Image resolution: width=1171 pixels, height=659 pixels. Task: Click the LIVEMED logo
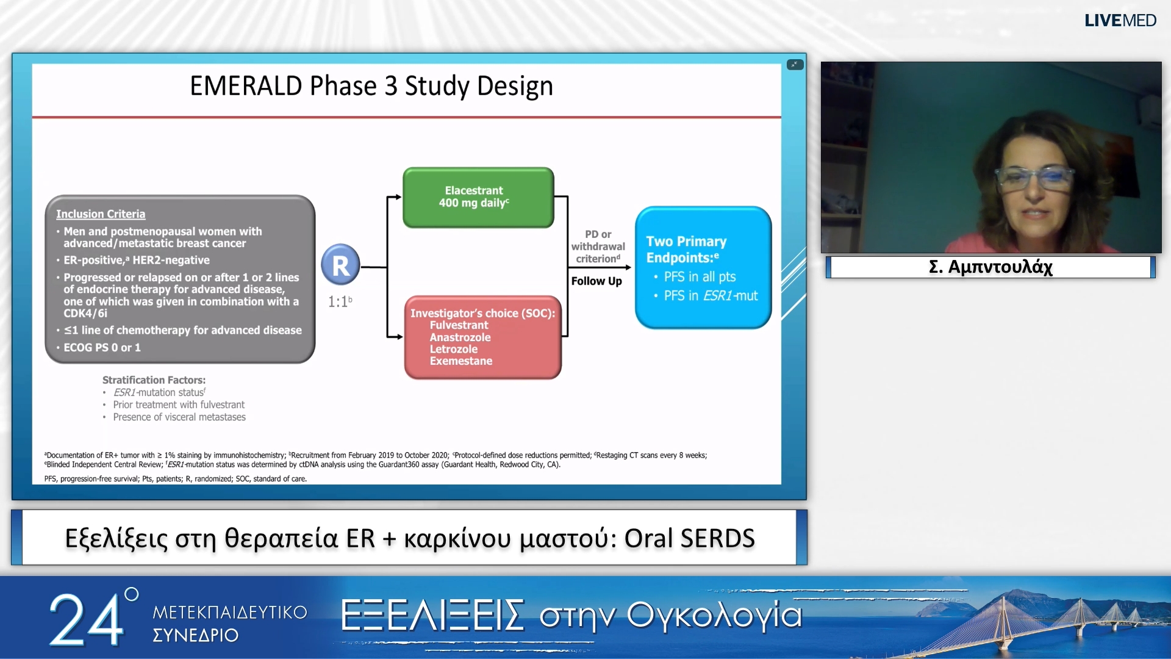click(1120, 20)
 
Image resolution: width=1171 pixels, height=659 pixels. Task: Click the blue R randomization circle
click(340, 265)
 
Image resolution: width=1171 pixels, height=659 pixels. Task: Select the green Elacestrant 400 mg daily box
click(478, 197)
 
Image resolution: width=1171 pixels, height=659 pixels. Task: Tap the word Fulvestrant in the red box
click(459, 325)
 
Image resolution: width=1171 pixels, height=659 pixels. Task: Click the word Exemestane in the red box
click(460, 361)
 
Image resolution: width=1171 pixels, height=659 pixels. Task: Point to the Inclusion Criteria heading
click(101, 214)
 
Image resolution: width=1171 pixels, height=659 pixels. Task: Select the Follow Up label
click(596, 281)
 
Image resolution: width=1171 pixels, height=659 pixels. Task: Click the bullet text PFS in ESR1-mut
click(711, 296)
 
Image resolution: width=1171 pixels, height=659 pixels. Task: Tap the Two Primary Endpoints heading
click(686, 250)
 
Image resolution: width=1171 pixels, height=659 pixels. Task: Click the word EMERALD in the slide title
click(246, 86)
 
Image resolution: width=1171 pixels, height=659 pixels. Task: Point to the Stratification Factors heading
click(154, 380)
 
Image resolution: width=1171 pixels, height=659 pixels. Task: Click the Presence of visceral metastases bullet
click(179, 417)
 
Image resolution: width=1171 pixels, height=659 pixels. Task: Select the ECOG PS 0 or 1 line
click(102, 348)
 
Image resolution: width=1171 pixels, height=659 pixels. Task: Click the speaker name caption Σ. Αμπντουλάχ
click(990, 267)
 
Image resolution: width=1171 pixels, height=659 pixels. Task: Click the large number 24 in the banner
click(86, 619)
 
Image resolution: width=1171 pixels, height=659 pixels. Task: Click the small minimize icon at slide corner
click(795, 65)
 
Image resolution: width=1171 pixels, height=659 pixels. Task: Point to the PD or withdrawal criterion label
click(598, 247)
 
